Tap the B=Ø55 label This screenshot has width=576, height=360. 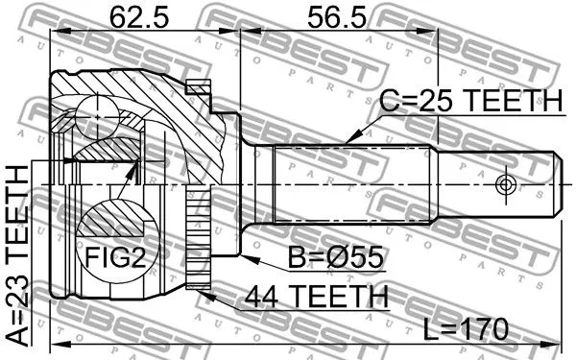332,256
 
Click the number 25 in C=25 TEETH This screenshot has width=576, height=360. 433,100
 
